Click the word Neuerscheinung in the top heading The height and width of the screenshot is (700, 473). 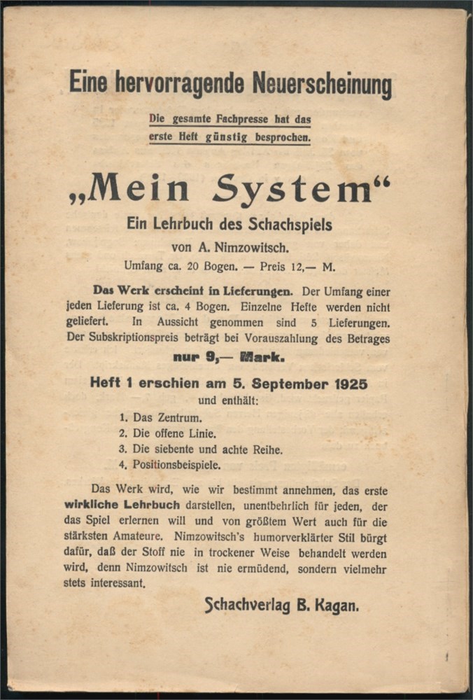point(321,85)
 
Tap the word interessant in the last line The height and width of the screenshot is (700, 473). point(116,583)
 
